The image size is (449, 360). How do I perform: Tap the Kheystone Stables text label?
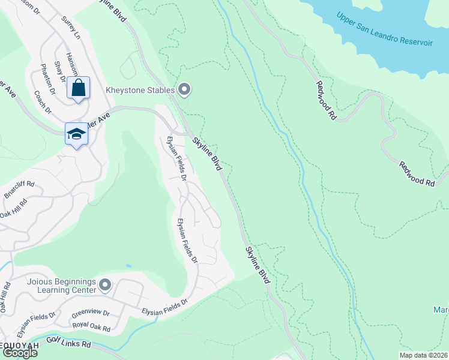click(140, 91)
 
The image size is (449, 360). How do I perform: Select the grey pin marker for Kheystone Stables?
click(185, 90)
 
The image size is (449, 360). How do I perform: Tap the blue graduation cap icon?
click(76, 134)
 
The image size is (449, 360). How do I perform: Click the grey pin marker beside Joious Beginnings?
click(105, 284)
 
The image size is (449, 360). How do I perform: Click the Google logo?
click(19, 353)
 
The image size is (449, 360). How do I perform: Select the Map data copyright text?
click(423, 355)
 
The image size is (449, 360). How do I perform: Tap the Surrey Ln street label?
click(70, 28)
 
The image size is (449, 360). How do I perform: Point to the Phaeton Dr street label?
click(47, 79)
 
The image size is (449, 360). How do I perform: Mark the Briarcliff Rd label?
click(20, 190)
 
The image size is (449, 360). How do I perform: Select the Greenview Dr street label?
click(90, 313)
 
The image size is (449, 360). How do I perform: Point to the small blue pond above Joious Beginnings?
click(128, 265)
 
